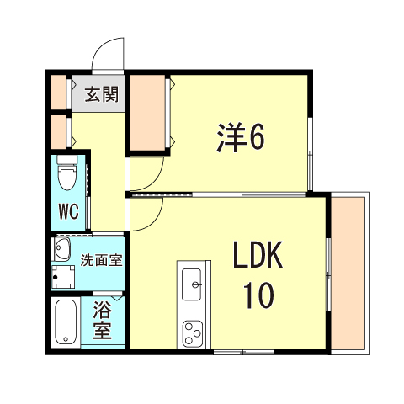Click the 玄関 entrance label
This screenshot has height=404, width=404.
pyautogui.click(x=100, y=92)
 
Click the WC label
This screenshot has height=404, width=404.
pyautogui.click(x=67, y=212)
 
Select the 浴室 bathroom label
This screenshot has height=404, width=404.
pyautogui.click(x=102, y=320)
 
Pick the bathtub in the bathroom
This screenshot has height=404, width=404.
pyautogui.click(x=66, y=322)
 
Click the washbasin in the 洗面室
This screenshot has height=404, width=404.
pyautogui.click(x=61, y=249)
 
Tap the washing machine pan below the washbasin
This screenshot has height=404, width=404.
pyautogui.click(x=61, y=276)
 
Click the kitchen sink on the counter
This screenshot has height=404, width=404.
pyautogui.click(x=192, y=284)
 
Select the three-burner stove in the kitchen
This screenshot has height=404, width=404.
pyautogui.click(x=193, y=332)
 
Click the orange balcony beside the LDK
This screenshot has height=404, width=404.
pyautogui.click(x=348, y=273)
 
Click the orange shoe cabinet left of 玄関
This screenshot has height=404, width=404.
pyautogui.click(x=58, y=93)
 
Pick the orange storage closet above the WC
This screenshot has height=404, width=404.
pyautogui.click(x=58, y=132)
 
